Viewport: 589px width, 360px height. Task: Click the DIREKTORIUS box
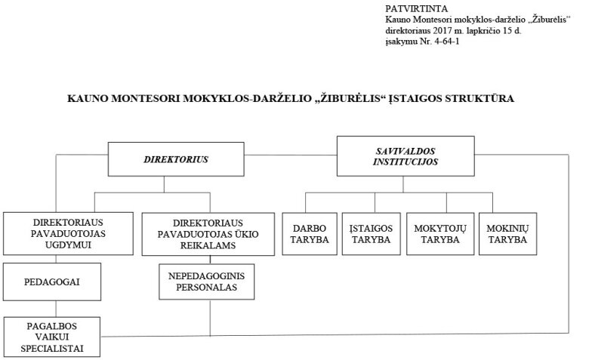coord(176,159)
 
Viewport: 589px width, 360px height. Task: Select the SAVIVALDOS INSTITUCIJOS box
coord(406,156)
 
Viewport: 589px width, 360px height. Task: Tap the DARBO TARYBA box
coord(310,234)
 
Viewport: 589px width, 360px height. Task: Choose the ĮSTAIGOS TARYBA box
coord(371,234)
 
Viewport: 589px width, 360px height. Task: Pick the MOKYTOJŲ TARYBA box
coord(440,234)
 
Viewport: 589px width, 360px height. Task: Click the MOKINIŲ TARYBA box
coord(508,234)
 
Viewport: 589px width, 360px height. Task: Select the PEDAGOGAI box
coord(52,282)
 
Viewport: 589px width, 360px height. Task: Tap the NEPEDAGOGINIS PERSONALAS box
coord(207,282)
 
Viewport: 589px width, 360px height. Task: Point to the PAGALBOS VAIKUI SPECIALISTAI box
coord(52,337)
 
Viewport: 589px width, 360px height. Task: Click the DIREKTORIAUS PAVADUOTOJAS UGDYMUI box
coord(68,233)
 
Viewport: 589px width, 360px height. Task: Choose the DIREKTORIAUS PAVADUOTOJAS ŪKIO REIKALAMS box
coord(208,234)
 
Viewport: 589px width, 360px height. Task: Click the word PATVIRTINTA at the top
coord(417,8)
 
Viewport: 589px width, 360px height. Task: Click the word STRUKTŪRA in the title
coord(480,99)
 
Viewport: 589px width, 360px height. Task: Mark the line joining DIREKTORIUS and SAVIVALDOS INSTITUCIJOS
coord(291,155)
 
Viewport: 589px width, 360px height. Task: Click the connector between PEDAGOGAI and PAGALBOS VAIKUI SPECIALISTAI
coord(56,309)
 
